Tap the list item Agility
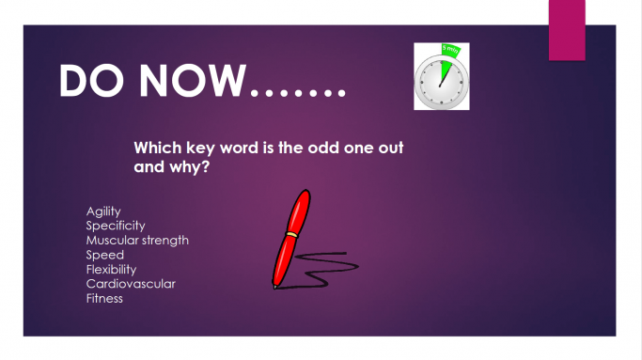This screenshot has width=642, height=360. [103, 211]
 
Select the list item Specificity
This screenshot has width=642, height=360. [116, 226]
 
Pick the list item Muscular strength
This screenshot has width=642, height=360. [137, 240]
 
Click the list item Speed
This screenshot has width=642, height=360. [105, 255]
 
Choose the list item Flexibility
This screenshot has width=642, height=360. [111, 269]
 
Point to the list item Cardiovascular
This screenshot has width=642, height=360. [131, 284]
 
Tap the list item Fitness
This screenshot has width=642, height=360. [104, 298]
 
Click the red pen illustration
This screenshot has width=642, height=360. [290, 235]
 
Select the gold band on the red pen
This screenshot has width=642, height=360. [294, 233]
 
